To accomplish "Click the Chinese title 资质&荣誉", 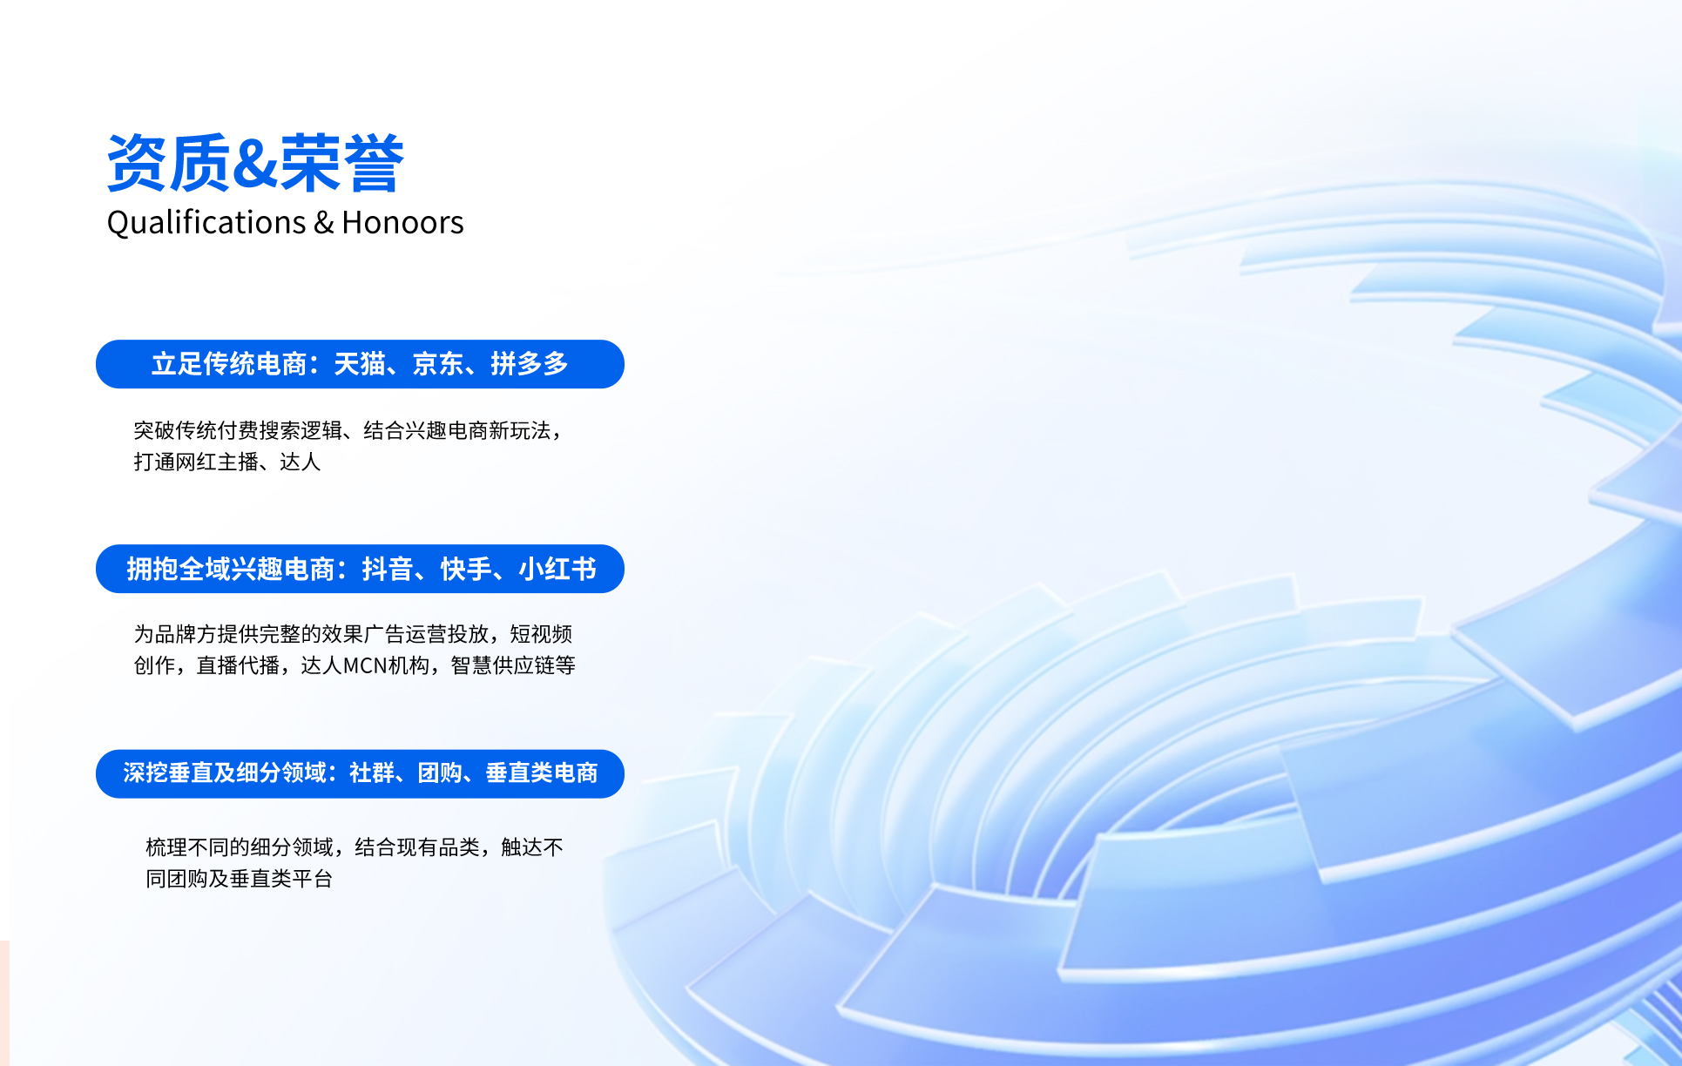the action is click(255, 163).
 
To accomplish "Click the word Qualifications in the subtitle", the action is click(206, 223).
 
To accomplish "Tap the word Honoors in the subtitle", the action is click(402, 223).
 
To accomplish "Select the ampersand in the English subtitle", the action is click(324, 223).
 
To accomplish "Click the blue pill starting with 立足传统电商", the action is click(360, 364).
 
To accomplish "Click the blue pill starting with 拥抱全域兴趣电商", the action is click(360, 569).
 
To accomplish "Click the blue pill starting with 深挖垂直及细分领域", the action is click(360, 773).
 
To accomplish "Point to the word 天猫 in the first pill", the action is click(360, 364).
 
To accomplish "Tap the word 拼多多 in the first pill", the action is click(530, 364).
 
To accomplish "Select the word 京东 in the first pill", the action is click(438, 364).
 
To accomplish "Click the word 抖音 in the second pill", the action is click(388, 569).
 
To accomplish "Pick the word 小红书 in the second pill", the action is click(557, 569).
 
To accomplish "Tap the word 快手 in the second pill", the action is click(466, 569).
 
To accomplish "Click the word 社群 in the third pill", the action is click(372, 773).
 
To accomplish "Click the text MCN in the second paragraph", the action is click(365, 666).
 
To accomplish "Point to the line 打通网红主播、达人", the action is click(227, 462).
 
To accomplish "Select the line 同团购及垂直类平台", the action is click(240, 879).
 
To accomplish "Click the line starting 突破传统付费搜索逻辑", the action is click(348, 430).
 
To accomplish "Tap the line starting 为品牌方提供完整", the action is click(353, 634).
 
